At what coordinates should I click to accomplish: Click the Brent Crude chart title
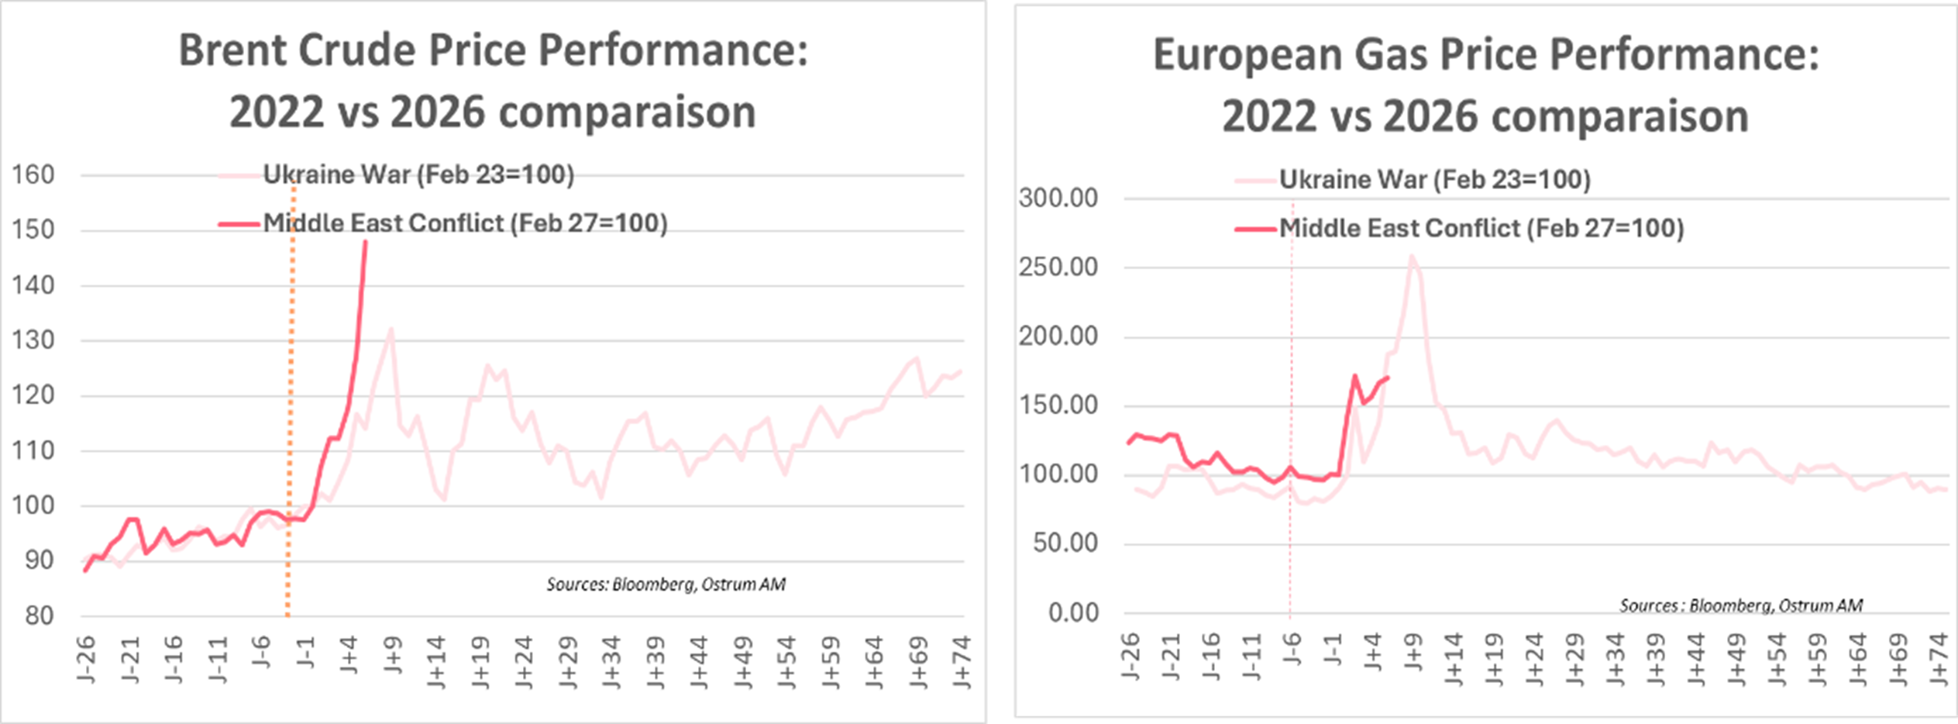click(493, 81)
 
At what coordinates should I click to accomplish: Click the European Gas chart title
click(1485, 85)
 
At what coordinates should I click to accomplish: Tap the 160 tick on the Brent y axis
click(33, 175)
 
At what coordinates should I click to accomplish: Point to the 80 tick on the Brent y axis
click(39, 616)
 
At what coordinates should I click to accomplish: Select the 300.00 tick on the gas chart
click(1058, 198)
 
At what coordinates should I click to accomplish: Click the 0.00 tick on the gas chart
click(1073, 613)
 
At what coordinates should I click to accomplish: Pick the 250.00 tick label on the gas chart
click(1058, 267)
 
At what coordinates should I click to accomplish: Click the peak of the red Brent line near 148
click(366, 243)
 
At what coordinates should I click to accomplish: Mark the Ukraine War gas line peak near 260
click(1412, 257)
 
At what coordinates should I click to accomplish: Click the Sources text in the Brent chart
click(666, 584)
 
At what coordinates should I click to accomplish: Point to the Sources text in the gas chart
click(1740, 605)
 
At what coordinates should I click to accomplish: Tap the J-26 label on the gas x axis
click(1130, 657)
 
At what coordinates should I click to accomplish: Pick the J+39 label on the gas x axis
click(1655, 660)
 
